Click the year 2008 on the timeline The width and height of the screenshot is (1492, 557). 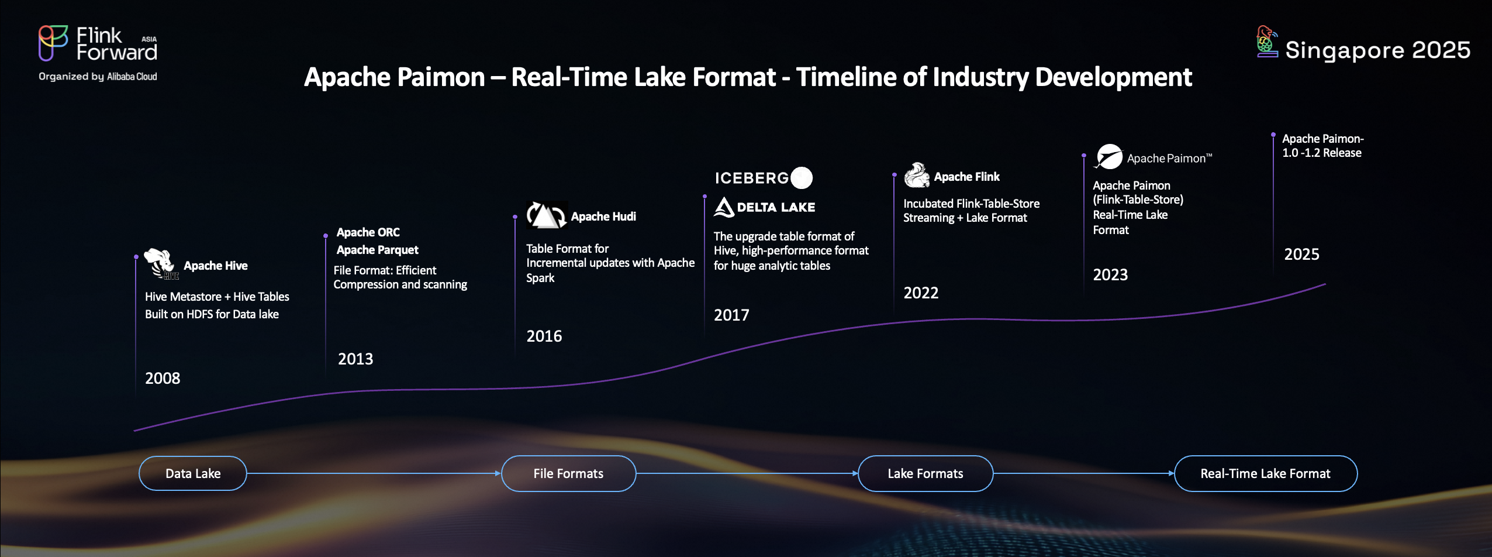point(163,378)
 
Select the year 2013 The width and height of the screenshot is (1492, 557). point(355,359)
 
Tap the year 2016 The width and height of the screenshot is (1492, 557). point(544,336)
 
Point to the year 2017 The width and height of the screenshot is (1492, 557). point(731,315)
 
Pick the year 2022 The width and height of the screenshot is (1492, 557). point(921,293)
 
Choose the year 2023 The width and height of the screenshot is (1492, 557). point(1110,274)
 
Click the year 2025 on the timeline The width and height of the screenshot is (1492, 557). point(1301,254)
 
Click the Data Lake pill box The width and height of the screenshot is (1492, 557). point(193,473)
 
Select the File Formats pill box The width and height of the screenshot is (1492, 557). point(568,473)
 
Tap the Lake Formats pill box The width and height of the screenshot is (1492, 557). point(925,473)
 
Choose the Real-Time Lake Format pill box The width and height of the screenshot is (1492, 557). point(1266,473)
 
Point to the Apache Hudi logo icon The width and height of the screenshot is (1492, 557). point(547,215)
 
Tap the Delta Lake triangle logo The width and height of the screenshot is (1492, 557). point(724,207)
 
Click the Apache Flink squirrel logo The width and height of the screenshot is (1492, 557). point(917,175)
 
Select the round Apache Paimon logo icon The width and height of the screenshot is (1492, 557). point(1108,157)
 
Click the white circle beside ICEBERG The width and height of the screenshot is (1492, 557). point(802,178)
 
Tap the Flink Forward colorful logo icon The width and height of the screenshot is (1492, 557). point(53,43)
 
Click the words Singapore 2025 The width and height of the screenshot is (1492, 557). point(1377,50)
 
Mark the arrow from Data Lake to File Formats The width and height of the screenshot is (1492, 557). point(374,473)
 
